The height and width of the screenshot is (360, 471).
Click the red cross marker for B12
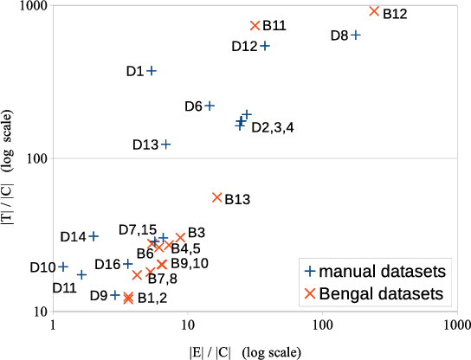(374, 11)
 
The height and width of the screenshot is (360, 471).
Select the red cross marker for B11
(255, 26)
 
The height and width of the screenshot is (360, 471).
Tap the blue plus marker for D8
(355, 35)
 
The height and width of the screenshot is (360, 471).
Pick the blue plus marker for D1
(152, 71)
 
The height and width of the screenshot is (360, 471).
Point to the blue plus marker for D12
(265, 46)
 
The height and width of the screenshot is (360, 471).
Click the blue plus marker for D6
(209, 106)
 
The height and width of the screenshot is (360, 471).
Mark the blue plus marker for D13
(165, 144)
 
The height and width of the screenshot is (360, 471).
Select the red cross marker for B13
(217, 197)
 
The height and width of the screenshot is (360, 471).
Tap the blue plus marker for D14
(94, 236)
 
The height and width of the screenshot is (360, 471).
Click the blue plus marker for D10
(63, 267)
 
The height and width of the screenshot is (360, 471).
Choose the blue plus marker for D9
(115, 295)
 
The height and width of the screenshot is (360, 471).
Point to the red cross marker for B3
(180, 237)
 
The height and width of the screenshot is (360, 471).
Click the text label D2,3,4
(273, 128)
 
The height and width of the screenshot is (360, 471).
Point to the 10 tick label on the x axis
(188, 326)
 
